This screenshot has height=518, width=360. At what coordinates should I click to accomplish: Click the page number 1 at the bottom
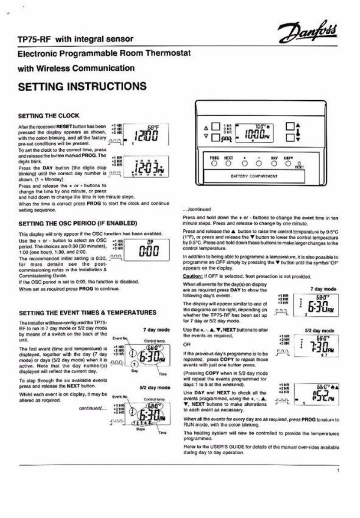(337, 470)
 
